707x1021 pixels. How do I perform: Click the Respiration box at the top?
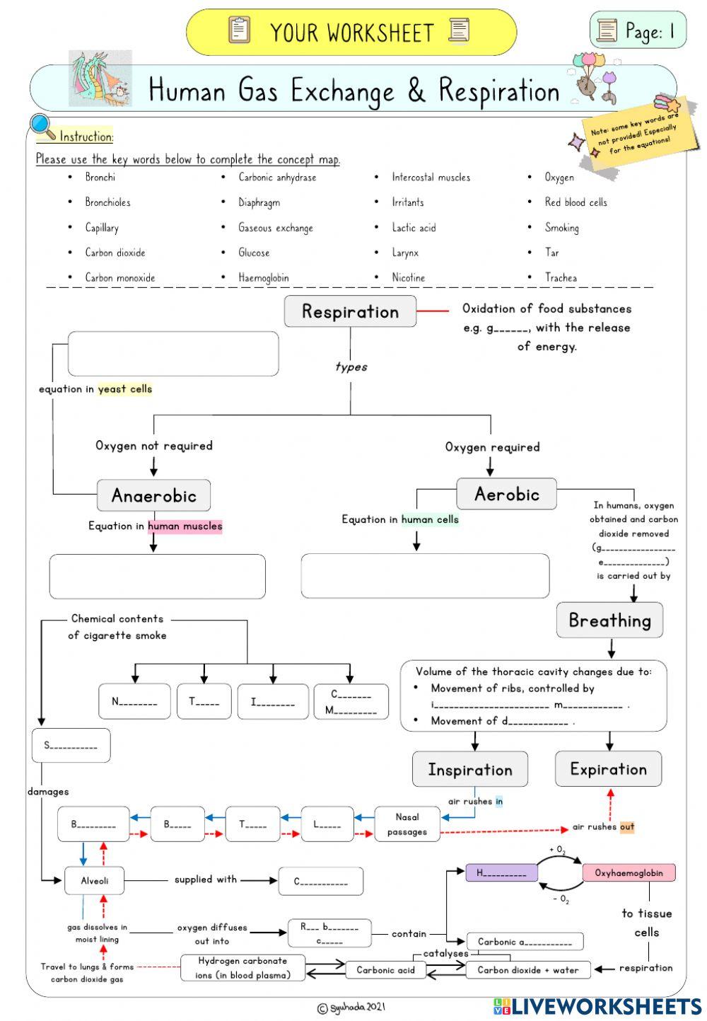(350, 312)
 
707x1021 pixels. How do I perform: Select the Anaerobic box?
(153, 495)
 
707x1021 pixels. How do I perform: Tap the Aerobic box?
(506, 494)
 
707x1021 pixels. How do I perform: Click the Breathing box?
(609, 621)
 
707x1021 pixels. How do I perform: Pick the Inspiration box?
(470, 769)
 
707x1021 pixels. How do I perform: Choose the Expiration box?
(608, 769)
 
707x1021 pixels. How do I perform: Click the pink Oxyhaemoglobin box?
(629, 872)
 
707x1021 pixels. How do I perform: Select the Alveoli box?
(94, 881)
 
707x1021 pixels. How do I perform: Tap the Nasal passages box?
(407, 824)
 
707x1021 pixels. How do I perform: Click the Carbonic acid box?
(385, 970)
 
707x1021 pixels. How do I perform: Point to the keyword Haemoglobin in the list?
(264, 278)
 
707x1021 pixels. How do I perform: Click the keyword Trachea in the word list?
(561, 278)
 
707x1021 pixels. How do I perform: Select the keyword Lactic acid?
(414, 228)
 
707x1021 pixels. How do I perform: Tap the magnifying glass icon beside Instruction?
(42, 127)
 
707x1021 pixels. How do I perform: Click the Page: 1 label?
(638, 30)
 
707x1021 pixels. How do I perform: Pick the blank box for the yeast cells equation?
(173, 354)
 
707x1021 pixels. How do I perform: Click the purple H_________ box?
(501, 872)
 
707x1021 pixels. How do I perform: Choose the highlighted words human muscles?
(185, 526)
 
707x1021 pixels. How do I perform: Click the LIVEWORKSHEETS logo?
(597, 1006)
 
